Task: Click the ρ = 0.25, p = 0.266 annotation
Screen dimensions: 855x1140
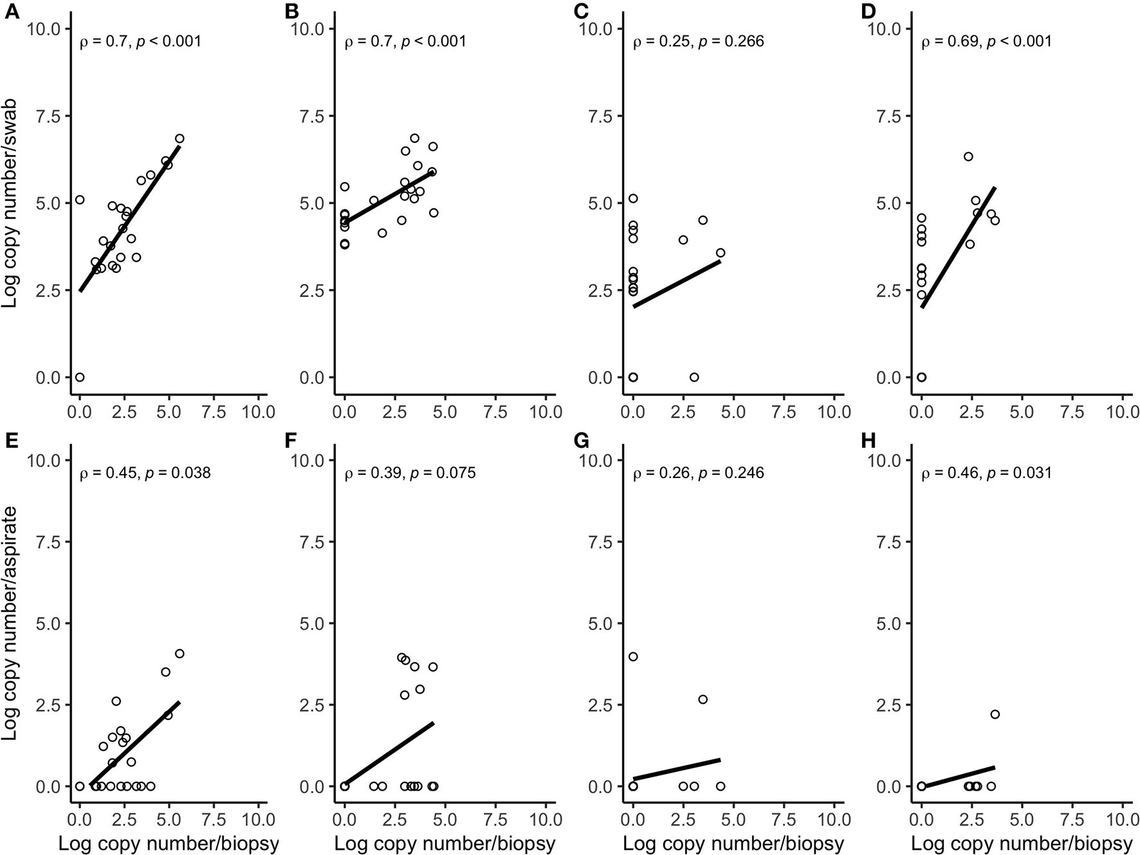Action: click(x=699, y=42)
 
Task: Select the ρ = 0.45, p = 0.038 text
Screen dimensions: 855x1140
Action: click(x=145, y=474)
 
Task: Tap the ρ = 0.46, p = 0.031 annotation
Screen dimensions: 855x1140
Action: click(x=986, y=474)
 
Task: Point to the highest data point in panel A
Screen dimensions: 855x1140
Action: click(x=179, y=138)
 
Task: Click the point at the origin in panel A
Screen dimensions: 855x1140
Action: click(x=80, y=377)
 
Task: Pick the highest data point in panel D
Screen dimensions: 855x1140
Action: click(x=968, y=156)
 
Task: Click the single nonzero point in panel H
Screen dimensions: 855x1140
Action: click(x=995, y=714)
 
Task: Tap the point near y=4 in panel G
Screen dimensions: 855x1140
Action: click(x=633, y=657)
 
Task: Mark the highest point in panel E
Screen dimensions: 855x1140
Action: click(x=179, y=654)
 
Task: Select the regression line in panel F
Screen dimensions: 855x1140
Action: click(x=389, y=754)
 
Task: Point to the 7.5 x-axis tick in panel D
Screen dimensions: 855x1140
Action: click(x=1072, y=412)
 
